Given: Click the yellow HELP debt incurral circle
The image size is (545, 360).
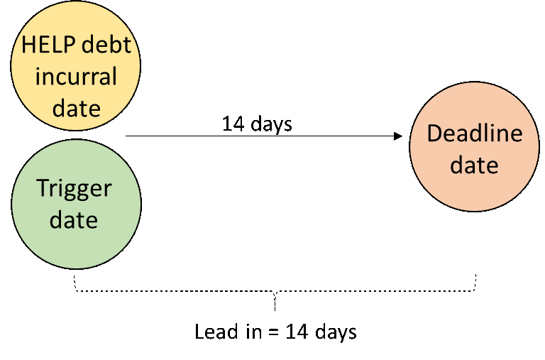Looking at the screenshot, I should (76, 66).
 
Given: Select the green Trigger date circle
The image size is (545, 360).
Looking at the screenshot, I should (76, 204).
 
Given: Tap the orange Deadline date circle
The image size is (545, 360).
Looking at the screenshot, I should (474, 147).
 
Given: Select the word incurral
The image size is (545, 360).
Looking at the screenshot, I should (76, 76).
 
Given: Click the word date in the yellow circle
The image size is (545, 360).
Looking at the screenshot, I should (76, 108).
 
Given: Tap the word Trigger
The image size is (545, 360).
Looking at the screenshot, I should (74, 189).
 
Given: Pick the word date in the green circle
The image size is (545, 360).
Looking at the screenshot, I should (74, 220).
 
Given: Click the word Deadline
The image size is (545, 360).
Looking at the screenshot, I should (474, 133).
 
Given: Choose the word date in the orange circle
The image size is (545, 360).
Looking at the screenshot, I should (474, 165).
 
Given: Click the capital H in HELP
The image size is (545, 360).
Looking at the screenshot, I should (28, 44).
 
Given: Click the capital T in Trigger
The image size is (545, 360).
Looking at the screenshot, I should (42, 188).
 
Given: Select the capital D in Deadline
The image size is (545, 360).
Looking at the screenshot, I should (433, 133).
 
